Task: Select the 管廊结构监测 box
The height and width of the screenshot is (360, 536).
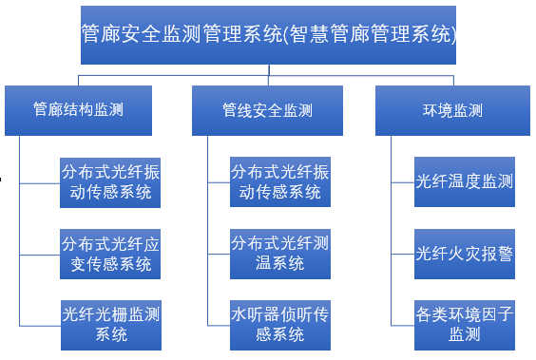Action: (78, 109)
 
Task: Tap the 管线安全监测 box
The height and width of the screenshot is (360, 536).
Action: (267, 109)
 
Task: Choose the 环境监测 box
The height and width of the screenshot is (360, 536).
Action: (452, 109)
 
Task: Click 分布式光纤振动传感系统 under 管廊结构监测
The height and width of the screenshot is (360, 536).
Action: (109, 182)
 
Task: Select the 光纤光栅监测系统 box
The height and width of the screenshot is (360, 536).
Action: (109, 323)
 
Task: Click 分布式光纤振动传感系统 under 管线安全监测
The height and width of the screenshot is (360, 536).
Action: (280, 182)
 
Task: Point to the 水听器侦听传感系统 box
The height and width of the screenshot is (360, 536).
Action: (280, 323)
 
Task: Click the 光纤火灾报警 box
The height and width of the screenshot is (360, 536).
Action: (465, 253)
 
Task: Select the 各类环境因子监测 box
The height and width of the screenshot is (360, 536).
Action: (465, 323)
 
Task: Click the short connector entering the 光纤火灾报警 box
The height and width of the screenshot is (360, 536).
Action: (403, 254)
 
